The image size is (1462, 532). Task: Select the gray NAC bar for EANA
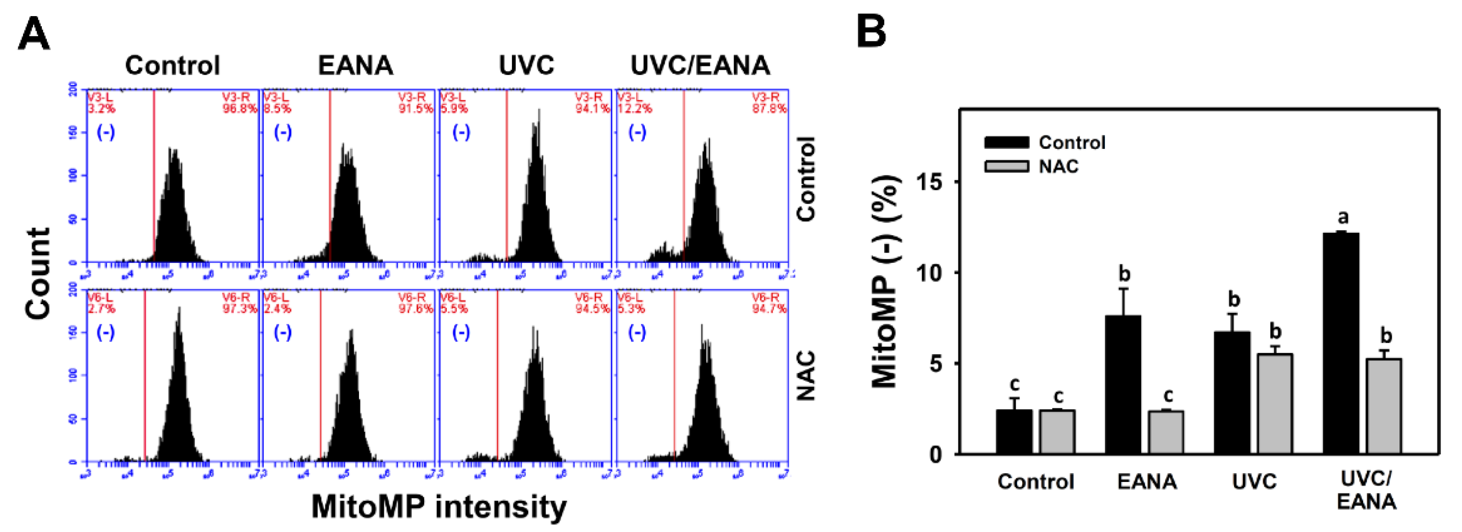[x=1166, y=432]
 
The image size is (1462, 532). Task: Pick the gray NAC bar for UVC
[x=1274, y=404]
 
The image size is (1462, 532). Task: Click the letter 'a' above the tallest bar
[x=1343, y=217]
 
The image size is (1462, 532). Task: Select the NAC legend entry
[x=1058, y=166]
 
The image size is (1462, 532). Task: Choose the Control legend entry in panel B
[x=1071, y=142]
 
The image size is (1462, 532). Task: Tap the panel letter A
[x=34, y=34]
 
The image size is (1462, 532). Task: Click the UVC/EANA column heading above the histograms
[x=700, y=65]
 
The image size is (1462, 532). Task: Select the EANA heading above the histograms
[x=355, y=65]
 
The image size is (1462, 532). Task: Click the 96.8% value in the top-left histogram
[x=239, y=108]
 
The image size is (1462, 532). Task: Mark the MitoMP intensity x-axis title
[x=439, y=506]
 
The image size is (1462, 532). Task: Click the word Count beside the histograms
[x=39, y=273]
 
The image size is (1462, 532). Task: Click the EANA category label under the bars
[x=1146, y=481]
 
